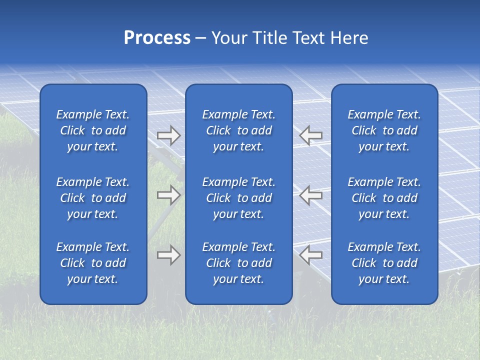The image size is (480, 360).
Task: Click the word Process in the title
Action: click(x=157, y=38)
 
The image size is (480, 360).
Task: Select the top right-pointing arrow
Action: click(x=168, y=135)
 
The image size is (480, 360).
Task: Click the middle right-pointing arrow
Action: click(x=168, y=195)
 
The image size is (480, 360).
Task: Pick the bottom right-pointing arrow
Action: click(x=168, y=255)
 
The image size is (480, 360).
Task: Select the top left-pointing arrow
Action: click(x=311, y=135)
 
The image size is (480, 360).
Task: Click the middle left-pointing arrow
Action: click(x=311, y=195)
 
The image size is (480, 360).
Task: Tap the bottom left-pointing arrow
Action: click(x=311, y=254)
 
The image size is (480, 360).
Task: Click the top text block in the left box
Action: click(x=93, y=130)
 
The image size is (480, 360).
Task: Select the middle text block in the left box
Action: click(x=93, y=198)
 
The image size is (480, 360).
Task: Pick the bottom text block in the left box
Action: click(x=93, y=263)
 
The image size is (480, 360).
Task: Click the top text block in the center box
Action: click(x=239, y=130)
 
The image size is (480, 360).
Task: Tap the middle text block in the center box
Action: click(x=239, y=198)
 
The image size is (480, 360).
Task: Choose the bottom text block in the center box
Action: click(x=239, y=263)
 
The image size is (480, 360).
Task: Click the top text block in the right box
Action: click(x=384, y=130)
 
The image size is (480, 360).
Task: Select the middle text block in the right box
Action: click(x=384, y=198)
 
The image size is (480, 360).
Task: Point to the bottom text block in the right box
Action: click(x=384, y=263)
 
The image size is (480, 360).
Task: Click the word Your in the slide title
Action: click(x=229, y=38)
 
